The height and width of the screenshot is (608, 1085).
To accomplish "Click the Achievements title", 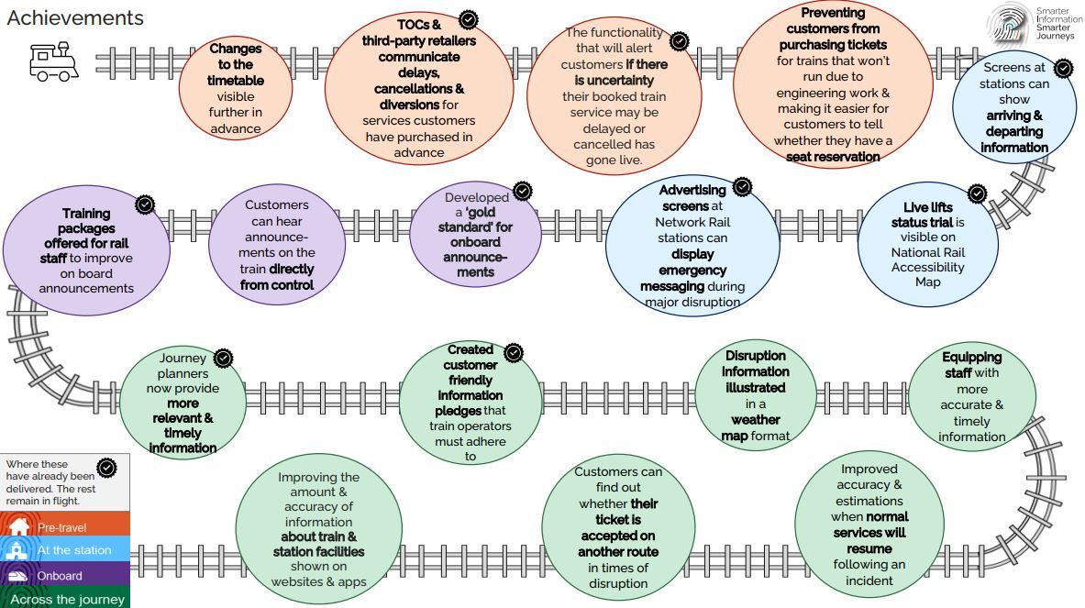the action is (x=75, y=18).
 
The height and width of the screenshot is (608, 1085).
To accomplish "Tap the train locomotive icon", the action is (x=53, y=61).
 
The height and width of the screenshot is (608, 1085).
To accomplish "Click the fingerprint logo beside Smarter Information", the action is (x=1009, y=24).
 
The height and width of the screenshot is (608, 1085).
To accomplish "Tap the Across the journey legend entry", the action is (x=65, y=598).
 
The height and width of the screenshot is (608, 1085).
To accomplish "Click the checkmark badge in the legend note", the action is (x=106, y=469).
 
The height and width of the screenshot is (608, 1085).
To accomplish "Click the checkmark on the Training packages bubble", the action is (x=145, y=205).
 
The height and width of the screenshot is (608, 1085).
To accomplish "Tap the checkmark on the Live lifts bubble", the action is (x=977, y=193).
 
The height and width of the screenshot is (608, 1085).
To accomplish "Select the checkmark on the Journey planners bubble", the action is (x=223, y=359).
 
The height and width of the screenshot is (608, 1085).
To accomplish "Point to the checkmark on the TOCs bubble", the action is (x=469, y=19).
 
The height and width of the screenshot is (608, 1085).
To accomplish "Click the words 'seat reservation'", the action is (x=833, y=157).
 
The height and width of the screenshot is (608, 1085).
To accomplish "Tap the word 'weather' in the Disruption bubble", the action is (x=756, y=420).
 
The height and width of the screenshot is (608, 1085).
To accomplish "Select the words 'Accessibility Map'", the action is (x=928, y=274).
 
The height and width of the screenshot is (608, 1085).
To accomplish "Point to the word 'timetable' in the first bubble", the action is (x=236, y=81).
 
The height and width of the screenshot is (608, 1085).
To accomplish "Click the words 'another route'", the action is (x=618, y=552).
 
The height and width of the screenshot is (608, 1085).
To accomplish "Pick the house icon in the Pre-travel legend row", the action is (x=18, y=525).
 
